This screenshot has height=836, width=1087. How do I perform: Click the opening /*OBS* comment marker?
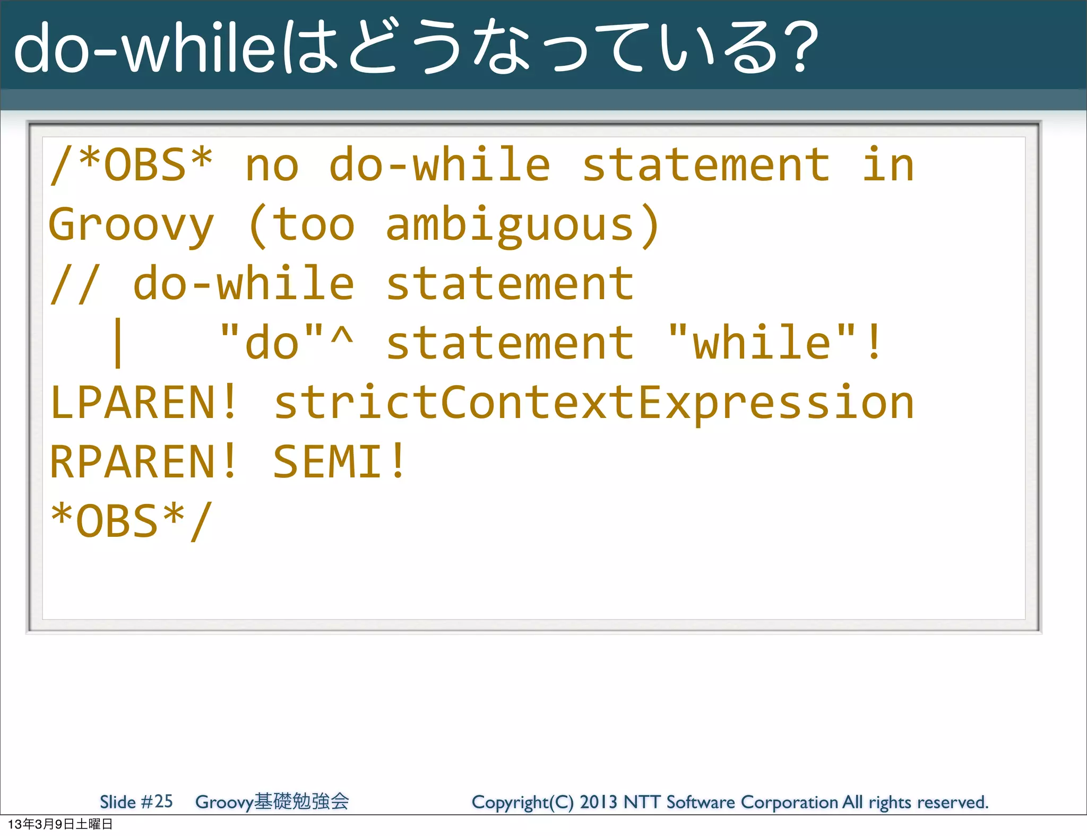(x=131, y=165)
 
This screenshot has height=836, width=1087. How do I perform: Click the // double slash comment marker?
(x=75, y=284)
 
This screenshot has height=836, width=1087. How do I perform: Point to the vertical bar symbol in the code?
(x=118, y=343)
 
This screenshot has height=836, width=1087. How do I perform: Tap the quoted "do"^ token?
(x=287, y=343)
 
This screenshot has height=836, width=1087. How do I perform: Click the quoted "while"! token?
(x=775, y=343)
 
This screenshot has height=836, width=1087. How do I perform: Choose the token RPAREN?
(x=143, y=462)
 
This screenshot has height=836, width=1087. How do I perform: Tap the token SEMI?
(x=340, y=462)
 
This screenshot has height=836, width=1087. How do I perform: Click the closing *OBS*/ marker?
(x=131, y=521)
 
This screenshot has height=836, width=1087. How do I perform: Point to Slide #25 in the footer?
(x=136, y=802)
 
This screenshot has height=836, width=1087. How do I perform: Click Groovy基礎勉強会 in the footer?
(x=272, y=802)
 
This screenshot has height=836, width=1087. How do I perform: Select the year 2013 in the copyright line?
(x=598, y=802)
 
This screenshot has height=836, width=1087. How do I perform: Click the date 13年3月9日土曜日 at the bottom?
(x=60, y=824)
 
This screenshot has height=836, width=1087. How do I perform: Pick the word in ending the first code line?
(x=887, y=165)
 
